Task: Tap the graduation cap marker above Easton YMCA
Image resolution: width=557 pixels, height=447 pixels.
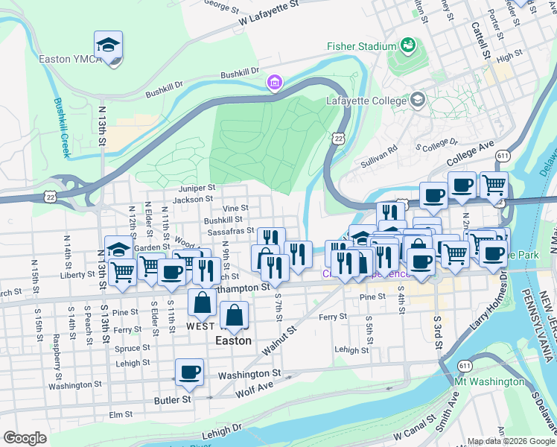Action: [x=108, y=46]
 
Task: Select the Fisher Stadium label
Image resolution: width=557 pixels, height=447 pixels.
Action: [x=361, y=46]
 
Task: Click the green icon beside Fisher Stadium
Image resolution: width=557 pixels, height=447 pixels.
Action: [x=408, y=46]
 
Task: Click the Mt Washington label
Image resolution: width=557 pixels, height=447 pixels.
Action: [x=489, y=382]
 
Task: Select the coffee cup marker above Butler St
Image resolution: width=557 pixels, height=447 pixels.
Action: [x=190, y=372]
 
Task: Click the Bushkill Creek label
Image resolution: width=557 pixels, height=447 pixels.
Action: [x=60, y=127]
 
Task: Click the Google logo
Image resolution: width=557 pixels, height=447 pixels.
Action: [x=25, y=438]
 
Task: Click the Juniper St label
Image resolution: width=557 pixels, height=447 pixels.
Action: [x=197, y=188]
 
